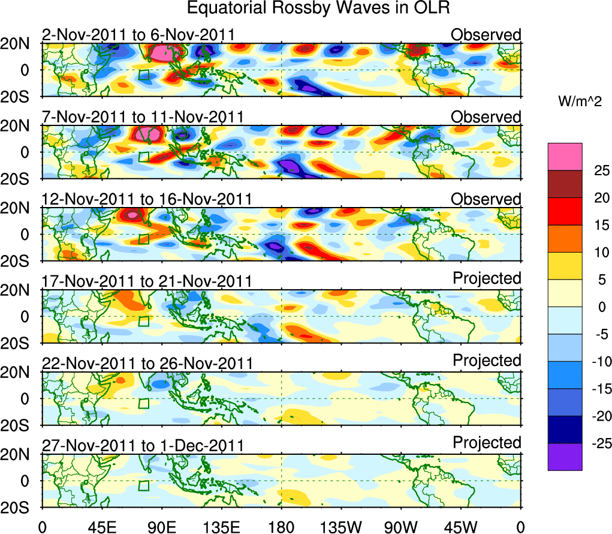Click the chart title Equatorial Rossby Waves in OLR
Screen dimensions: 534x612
click(x=318, y=8)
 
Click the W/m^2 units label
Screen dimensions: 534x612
click(x=578, y=102)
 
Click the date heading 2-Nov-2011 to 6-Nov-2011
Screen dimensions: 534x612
click(x=138, y=35)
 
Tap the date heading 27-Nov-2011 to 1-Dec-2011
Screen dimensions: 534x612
click(x=143, y=446)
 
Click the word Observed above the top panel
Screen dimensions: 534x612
click(x=486, y=35)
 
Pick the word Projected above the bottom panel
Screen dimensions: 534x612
click(x=487, y=443)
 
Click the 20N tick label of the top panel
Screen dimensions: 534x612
click(x=19, y=43)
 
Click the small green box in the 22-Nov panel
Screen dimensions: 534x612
click(x=143, y=403)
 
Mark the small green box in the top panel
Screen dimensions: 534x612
click(x=143, y=75)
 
